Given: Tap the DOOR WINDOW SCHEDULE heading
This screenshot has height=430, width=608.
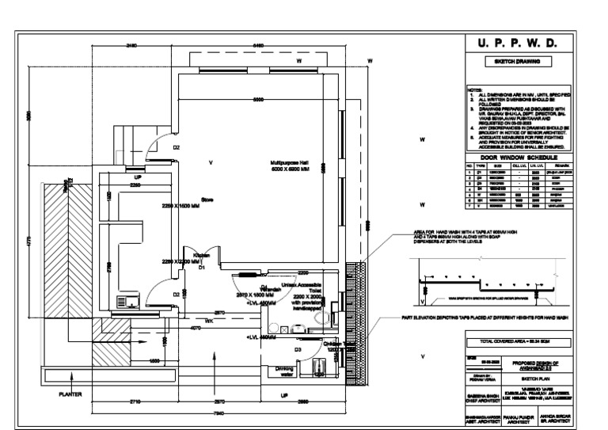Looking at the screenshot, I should pos(519,158).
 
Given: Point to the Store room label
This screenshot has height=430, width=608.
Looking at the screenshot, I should pos(207,200).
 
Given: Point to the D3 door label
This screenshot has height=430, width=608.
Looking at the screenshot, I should pos(298,348).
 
